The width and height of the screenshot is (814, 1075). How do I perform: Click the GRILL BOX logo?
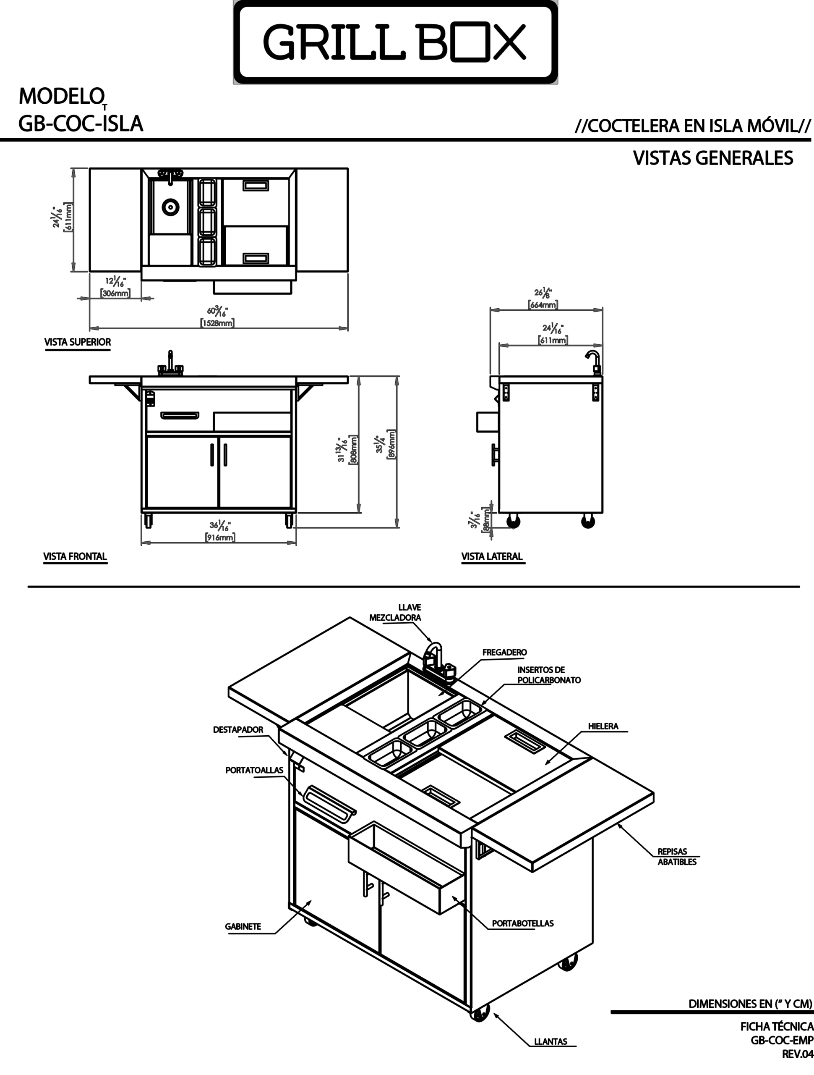click(395, 42)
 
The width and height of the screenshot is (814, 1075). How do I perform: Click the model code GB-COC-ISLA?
click(81, 124)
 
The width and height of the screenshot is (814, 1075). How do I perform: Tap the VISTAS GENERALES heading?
click(713, 158)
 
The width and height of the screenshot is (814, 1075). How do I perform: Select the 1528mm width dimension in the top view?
click(217, 322)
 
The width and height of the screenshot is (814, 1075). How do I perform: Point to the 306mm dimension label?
click(115, 293)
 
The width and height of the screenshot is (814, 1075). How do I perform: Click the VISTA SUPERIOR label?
click(78, 342)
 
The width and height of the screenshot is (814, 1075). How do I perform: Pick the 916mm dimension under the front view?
click(220, 537)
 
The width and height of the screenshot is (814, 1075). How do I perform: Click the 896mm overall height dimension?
click(391, 444)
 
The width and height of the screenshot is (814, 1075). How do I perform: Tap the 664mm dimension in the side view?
click(543, 305)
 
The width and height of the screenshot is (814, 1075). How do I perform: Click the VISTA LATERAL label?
click(492, 556)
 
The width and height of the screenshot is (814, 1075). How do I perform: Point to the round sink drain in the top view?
click(170, 207)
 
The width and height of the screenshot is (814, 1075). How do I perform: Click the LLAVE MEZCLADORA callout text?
click(395, 612)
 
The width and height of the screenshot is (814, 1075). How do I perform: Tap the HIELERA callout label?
click(603, 726)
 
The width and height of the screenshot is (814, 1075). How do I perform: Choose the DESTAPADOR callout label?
click(238, 729)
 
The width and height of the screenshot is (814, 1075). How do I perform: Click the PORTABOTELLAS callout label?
click(522, 923)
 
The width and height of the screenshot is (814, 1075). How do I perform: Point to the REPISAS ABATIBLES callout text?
click(677, 856)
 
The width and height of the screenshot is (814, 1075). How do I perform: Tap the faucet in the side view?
click(595, 362)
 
